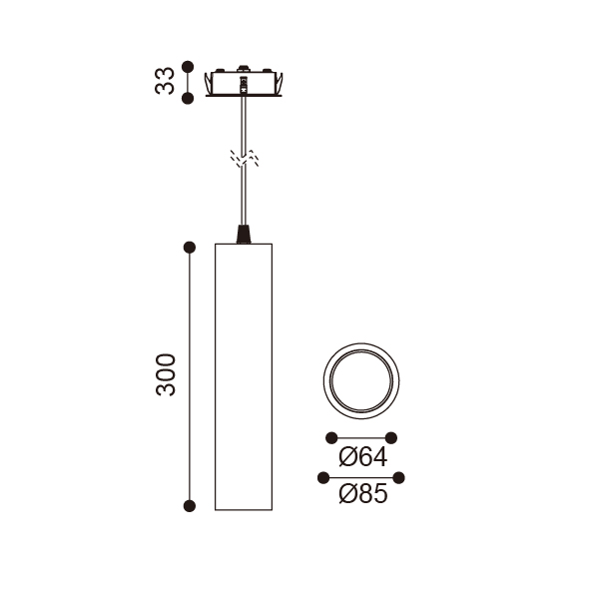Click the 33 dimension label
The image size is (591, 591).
pyautogui.click(x=165, y=81)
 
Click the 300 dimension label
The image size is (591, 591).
pyautogui.click(x=166, y=374)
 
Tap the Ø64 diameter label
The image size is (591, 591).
pyautogui.click(x=363, y=457)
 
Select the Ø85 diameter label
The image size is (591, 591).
pyautogui.click(x=363, y=493)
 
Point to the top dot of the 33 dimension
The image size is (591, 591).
pyautogui.click(x=188, y=67)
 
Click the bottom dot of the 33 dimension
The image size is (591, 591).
pyautogui.click(x=188, y=99)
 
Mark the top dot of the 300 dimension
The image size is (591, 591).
pyautogui.click(x=190, y=248)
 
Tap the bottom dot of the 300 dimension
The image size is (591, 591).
pyautogui.click(x=190, y=506)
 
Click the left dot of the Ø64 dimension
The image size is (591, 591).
pyautogui.click(x=331, y=438)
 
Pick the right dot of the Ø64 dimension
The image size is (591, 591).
pyautogui.click(x=391, y=438)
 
